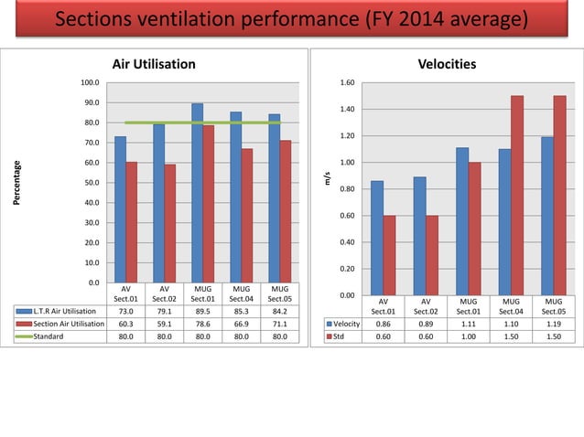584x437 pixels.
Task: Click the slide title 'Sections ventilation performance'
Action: tap(290, 19)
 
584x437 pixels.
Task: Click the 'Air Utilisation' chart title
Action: tap(153, 64)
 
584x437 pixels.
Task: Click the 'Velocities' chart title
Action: tap(448, 64)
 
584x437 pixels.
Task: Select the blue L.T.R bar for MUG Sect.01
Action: tap(198, 192)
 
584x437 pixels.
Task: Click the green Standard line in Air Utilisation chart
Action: tap(202, 123)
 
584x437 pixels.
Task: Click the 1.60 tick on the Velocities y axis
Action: tap(347, 83)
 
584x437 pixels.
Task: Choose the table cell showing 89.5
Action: tap(202, 311)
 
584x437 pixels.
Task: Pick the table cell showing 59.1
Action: tap(164, 324)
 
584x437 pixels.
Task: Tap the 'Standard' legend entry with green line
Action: tap(59, 336)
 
